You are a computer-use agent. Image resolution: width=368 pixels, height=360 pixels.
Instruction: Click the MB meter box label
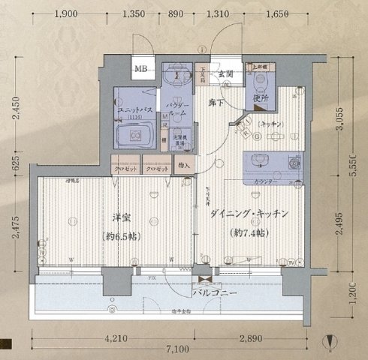(140, 70)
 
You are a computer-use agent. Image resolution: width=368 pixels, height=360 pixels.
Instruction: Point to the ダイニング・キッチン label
(249, 214)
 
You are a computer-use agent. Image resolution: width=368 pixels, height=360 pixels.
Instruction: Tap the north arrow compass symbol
(333, 343)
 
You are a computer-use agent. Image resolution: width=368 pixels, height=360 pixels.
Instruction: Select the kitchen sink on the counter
(267, 160)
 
